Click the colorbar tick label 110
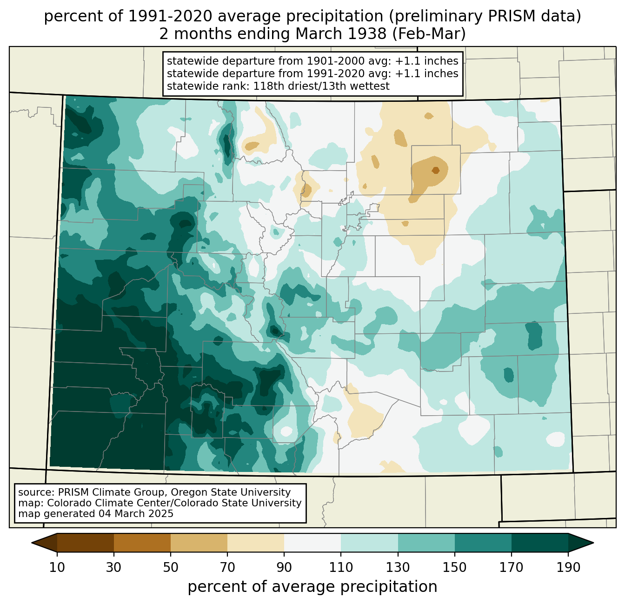pyautogui.click(x=341, y=567)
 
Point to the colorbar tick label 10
pyautogui.click(x=57, y=567)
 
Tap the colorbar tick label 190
pyautogui.click(x=568, y=567)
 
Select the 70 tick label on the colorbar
pyautogui.click(x=227, y=567)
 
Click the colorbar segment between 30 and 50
pyautogui.click(x=142, y=543)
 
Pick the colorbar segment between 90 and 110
pyautogui.click(x=312, y=543)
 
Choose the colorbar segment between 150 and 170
pyautogui.click(x=483, y=543)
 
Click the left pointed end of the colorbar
pyautogui.click(x=32, y=543)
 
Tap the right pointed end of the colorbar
pyautogui.click(x=593, y=543)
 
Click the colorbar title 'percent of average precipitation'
pyautogui.click(x=312, y=586)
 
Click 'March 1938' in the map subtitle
pyautogui.click(x=341, y=33)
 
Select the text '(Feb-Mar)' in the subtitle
pyautogui.click(x=429, y=34)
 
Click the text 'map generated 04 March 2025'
pyautogui.click(x=96, y=513)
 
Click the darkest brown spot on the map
pyautogui.click(x=436, y=170)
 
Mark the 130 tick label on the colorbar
pyautogui.click(x=398, y=567)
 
